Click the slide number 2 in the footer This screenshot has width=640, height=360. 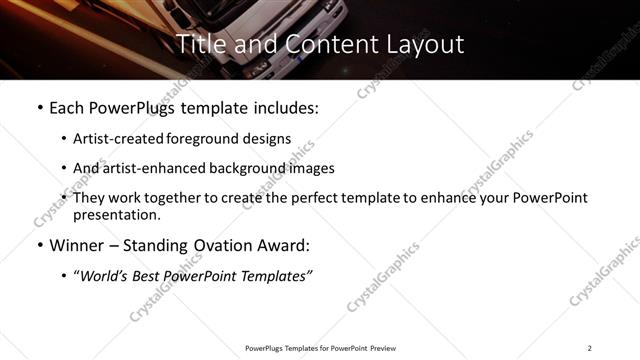[589, 348]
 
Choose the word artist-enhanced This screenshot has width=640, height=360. [146, 168]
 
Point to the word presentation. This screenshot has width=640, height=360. [116, 215]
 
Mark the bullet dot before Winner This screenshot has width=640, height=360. [39, 245]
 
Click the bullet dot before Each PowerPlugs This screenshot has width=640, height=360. [39, 105]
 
